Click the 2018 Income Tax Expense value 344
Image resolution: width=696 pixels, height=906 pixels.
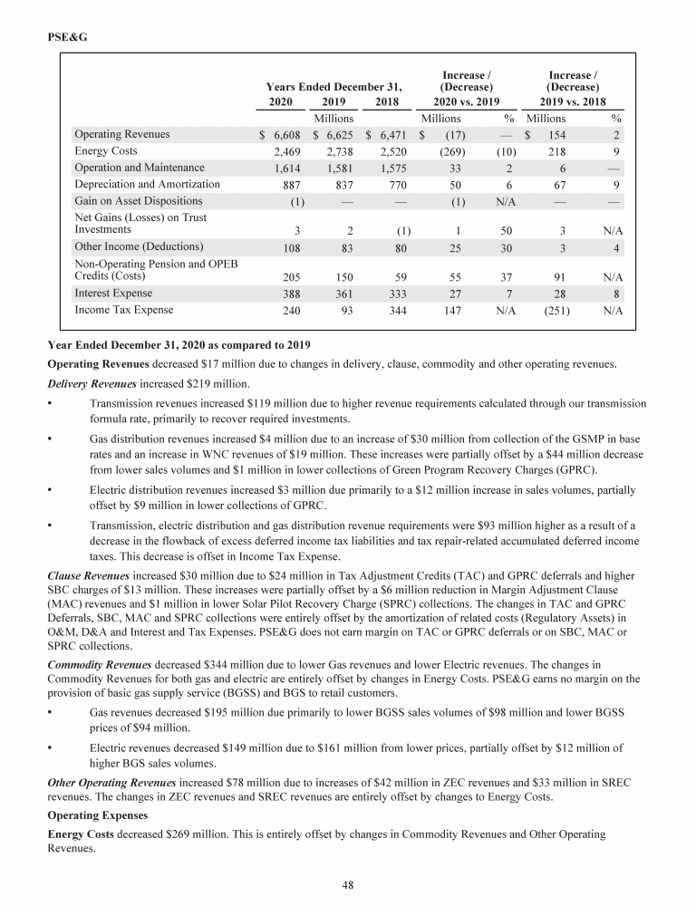click(x=396, y=310)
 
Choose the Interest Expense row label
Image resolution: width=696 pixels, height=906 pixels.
click(x=113, y=294)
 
